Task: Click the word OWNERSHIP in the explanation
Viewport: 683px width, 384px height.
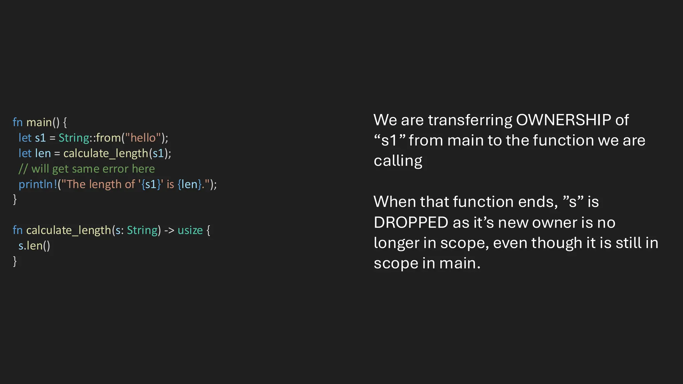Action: tap(563, 120)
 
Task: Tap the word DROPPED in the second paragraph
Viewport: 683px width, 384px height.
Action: tap(411, 222)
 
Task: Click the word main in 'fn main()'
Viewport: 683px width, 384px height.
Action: tap(39, 122)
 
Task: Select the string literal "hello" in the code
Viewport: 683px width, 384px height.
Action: tap(143, 138)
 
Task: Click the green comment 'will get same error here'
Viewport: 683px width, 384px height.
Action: tap(93, 169)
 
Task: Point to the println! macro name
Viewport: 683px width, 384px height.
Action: tap(38, 184)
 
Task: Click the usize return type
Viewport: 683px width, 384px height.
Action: tap(190, 230)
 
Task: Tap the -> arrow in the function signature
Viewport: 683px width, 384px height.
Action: tap(169, 230)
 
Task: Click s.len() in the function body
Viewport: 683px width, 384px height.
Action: tap(34, 246)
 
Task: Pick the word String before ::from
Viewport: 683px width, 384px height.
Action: tap(74, 138)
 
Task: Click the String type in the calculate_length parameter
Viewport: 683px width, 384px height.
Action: tap(142, 230)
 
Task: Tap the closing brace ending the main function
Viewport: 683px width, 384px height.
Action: tap(15, 199)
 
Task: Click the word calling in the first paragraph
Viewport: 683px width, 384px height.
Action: tap(398, 161)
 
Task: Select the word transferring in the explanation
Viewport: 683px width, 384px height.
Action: tap(470, 120)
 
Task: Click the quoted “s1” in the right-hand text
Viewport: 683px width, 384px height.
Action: tap(389, 140)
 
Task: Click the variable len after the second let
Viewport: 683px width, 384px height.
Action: tap(43, 153)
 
